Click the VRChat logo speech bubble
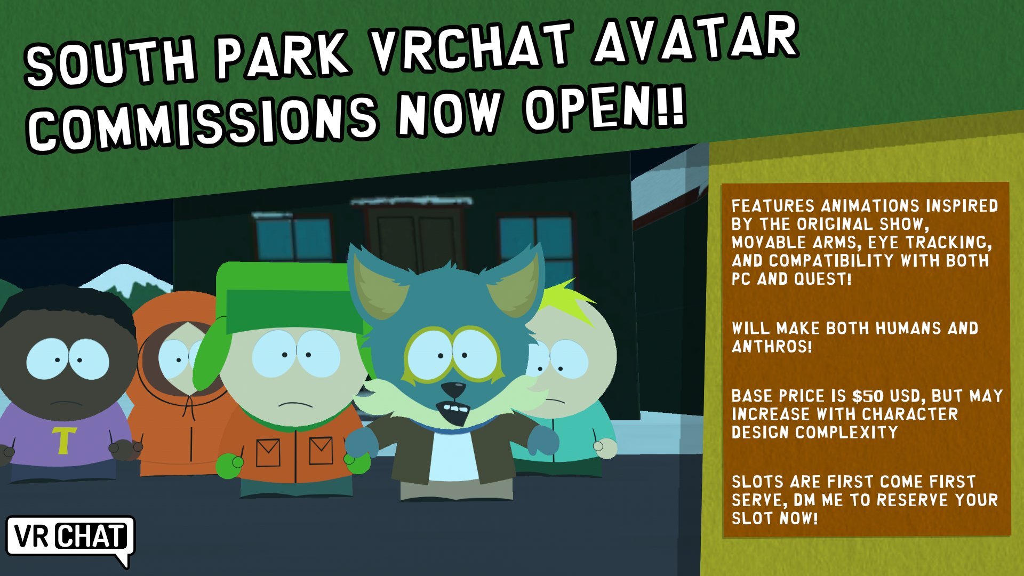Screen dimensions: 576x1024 tap(70, 538)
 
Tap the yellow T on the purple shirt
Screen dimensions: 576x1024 tap(63, 439)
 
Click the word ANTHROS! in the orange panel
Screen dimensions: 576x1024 tap(772, 347)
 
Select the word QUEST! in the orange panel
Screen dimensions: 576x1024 tap(822, 279)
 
